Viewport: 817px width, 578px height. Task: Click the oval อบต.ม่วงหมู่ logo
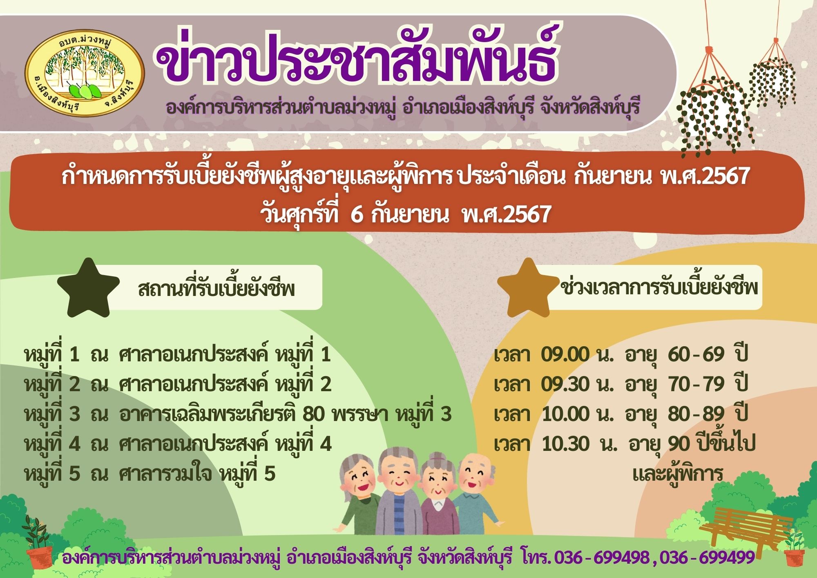point(85,74)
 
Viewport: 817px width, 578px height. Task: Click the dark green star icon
point(89,287)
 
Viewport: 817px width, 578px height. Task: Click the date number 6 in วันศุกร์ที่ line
point(356,214)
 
